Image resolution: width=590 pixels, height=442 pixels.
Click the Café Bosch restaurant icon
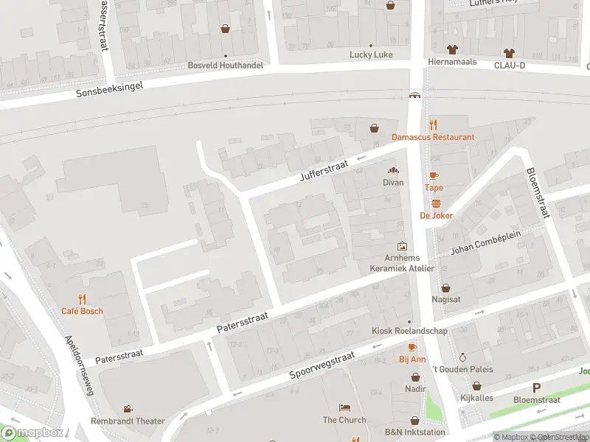click(x=82, y=299)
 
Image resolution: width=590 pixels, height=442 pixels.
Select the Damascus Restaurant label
click(x=433, y=137)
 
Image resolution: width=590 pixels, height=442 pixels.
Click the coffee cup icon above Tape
click(x=434, y=175)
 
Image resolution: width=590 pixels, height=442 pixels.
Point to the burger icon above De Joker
click(x=436, y=203)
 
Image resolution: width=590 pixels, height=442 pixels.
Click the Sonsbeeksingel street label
click(x=109, y=90)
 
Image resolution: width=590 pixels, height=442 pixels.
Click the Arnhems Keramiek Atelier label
click(x=403, y=263)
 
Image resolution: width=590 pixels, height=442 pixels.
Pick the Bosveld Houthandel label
click(x=225, y=66)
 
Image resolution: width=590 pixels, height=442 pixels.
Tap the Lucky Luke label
click(x=371, y=55)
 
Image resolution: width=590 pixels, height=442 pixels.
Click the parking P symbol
click(x=536, y=387)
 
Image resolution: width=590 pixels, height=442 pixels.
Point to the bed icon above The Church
click(x=344, y=407)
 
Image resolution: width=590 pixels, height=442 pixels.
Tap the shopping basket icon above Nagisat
click(x=445, y=288)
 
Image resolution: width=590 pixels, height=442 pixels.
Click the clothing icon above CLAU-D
click(x=509, y=52)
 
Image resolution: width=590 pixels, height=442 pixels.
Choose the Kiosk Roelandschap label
click(x=411, y=331)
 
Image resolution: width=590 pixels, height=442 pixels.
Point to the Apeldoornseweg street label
click(x=81, y=365)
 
